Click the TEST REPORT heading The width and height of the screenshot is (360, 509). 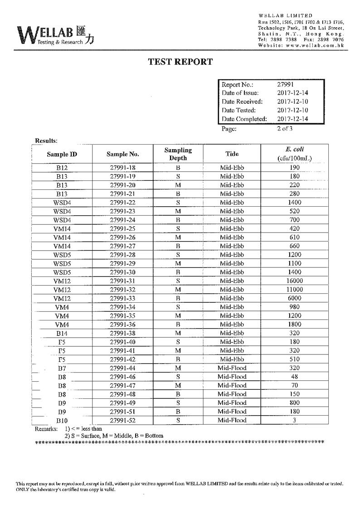point(180,62)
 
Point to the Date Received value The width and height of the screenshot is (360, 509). point(292,102)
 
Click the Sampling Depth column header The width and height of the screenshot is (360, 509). point(178,154)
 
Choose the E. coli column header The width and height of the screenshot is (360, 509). point(294,154)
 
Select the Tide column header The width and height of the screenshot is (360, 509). point(232,154)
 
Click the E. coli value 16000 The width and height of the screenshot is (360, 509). point(294,281)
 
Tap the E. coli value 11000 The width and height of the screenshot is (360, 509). point(294,290)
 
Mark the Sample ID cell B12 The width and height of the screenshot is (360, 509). point(62,168)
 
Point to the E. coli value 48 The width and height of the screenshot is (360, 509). point(294,377)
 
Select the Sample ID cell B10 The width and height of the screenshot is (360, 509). point(62,420)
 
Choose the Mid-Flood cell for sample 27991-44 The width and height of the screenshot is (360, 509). point(232,368)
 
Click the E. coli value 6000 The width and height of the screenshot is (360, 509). point(294,298)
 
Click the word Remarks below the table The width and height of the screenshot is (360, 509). point(46,428)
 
